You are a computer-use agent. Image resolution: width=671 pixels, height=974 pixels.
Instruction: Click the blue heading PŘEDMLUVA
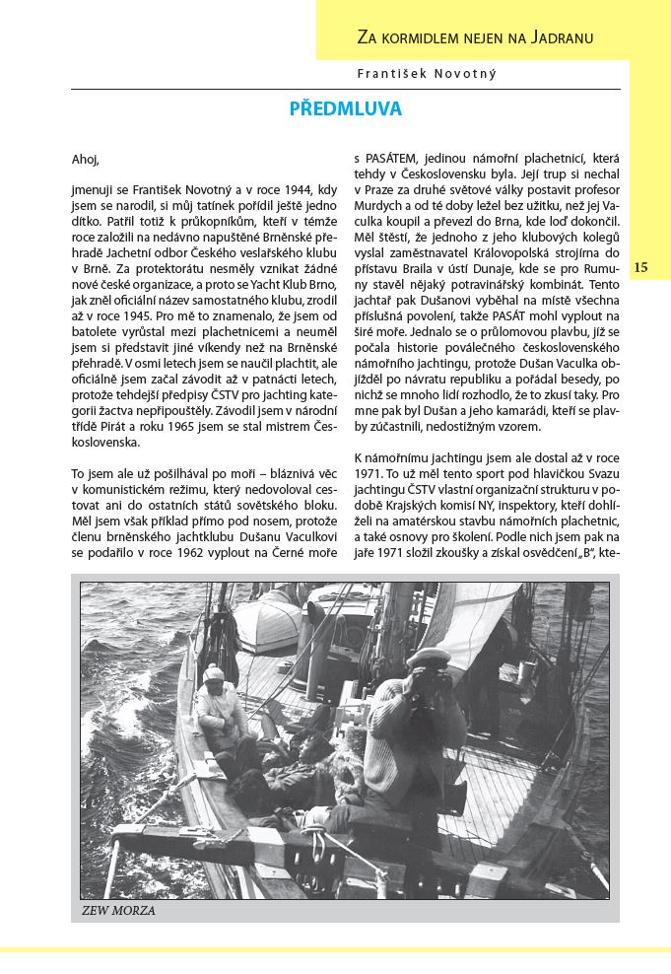point(345,109)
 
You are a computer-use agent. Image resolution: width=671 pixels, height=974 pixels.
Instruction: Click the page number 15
point(640,267)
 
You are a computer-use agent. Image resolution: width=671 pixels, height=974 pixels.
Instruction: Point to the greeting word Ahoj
point(86,160)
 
